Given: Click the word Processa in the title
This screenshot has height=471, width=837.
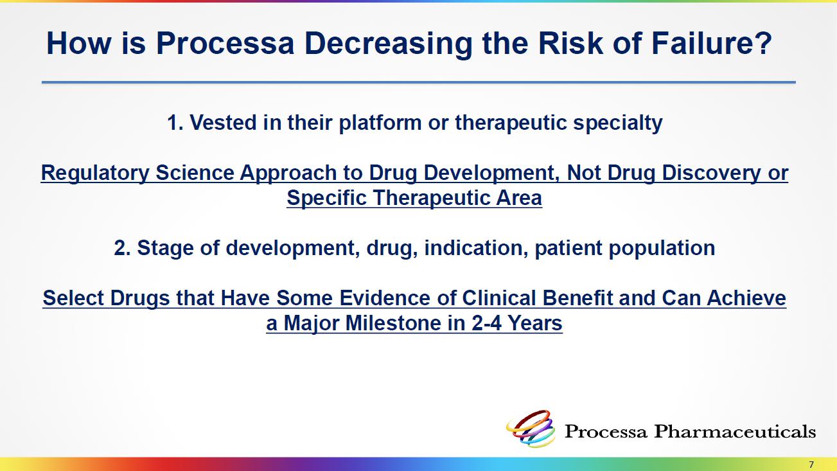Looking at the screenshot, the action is (225, 43).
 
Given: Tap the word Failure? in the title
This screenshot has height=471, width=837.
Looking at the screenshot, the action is (712, 43).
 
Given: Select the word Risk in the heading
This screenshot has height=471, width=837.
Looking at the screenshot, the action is (570, 43).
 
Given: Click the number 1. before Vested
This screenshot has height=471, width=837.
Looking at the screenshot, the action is (175, 123).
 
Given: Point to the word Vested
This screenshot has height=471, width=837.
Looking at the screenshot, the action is (223, 123).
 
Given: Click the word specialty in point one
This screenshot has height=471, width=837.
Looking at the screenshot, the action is (618, 123).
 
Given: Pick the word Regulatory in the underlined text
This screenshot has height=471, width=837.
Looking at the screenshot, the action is (95, 173).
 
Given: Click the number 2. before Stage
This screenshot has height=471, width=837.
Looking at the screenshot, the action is (122, 248).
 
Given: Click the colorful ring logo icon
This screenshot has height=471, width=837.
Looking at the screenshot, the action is (531, 429).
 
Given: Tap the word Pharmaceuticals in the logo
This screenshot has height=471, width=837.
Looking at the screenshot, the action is (735, 431).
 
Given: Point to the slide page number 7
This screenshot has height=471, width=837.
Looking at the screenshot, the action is (811, 465).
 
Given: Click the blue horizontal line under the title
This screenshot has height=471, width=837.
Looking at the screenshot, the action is (419, 82).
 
